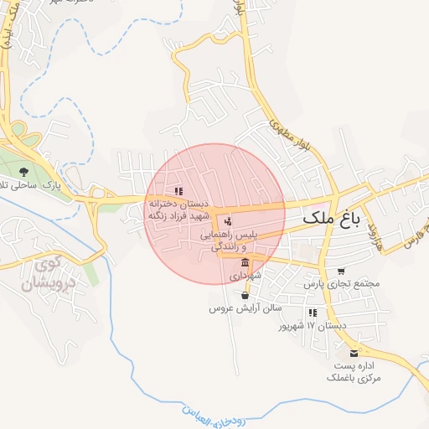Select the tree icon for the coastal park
(x=23, y=173)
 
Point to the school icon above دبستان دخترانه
(x=178, y=192)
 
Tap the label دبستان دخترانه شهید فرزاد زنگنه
(x=178, y=209)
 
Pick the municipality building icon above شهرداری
(x=244, y=262)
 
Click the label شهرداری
(x=245, y=275)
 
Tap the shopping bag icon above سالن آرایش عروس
(x=245, y=295)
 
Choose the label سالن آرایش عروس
(x=244, y=308)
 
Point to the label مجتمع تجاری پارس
(x=342, y=284)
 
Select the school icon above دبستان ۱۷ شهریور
(x=313, y=312)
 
